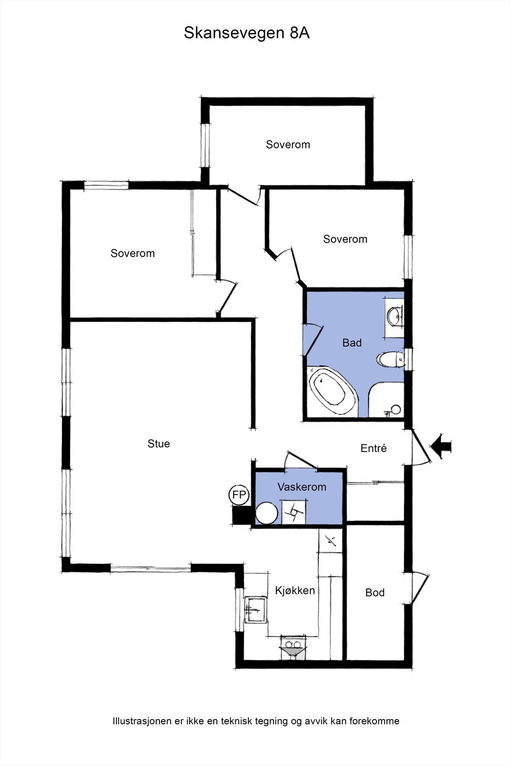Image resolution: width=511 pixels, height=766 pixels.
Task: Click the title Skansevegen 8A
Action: (247, 33)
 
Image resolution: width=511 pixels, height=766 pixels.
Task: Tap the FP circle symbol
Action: (238, 495)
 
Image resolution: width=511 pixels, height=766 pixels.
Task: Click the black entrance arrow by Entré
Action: (441, 446)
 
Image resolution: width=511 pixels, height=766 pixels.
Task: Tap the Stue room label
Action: (159, 444)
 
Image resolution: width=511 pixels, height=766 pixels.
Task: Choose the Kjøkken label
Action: (295, 590)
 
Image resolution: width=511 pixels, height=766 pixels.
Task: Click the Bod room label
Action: (375, 593)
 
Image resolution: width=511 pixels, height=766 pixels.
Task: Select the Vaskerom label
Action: (302, 487)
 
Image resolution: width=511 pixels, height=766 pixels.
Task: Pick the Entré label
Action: (373, 449)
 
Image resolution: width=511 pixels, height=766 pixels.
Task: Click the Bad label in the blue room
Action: (352, 343)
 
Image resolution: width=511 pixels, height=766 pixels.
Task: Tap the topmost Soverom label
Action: (288, 145)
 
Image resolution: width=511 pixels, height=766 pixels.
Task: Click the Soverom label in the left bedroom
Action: (133, 253)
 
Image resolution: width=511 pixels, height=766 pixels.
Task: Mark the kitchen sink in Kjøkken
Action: (255, 609)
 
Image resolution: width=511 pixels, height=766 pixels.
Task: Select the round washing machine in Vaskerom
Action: (266, 513)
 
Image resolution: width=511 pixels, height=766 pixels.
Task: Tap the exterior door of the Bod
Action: (420, 588)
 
